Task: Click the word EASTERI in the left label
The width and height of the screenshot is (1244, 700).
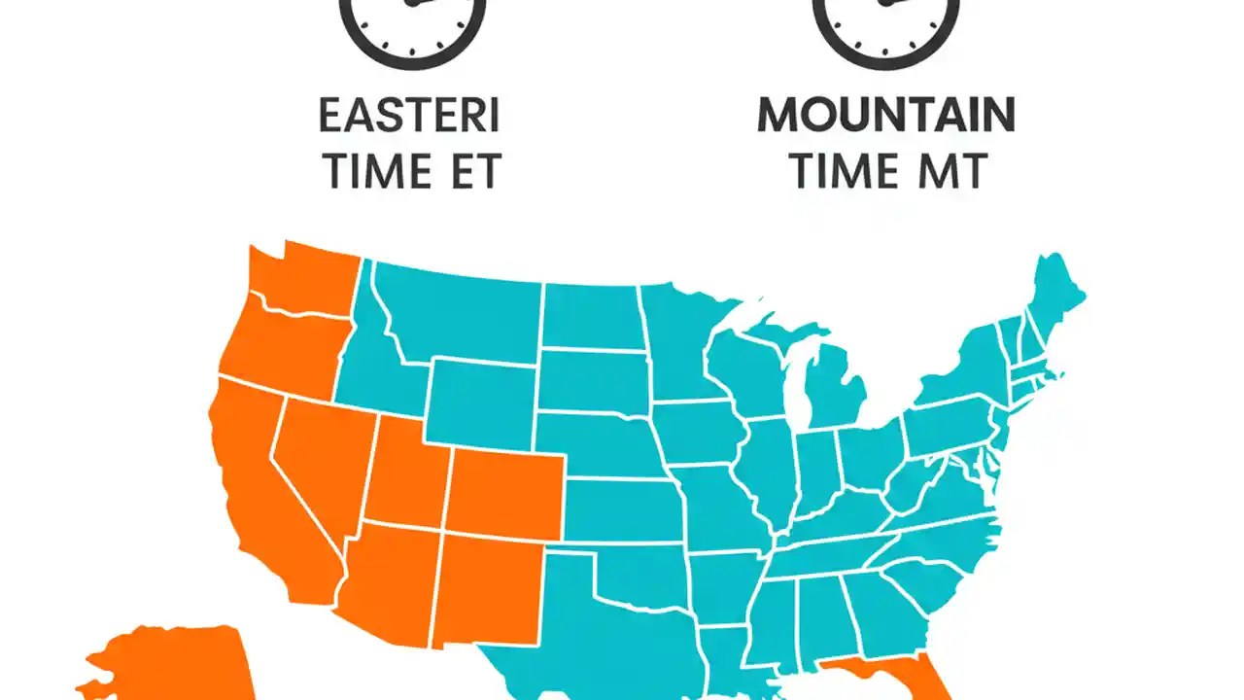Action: [x=409, y=117]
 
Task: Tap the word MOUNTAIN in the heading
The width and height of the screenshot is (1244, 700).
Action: [x=885, y=117]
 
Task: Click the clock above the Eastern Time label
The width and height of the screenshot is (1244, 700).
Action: [x=411, y=24]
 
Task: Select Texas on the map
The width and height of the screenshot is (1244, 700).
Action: [x=603, y=632]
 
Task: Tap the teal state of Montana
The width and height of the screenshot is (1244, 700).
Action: [x=457, y=311]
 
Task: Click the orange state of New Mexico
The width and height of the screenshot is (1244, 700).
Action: [x=486, y=588]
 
